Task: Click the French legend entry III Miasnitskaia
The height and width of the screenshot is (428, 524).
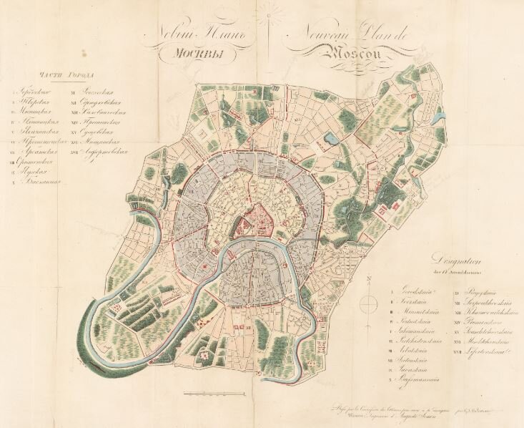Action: pyautogui.click(x=420, y=312)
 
